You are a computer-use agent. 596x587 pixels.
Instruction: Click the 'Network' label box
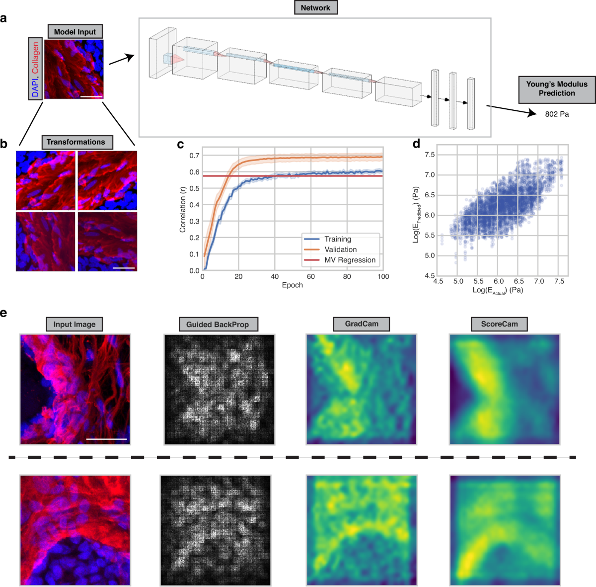[315, 8]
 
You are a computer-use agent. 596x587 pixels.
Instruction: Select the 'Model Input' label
[75, 32]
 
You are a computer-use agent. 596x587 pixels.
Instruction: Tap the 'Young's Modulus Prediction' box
[557, 89]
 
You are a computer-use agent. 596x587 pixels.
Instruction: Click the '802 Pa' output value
[557, 114]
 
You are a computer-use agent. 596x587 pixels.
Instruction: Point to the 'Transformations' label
[76, 142]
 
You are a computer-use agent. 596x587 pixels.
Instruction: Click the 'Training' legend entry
[337, 239]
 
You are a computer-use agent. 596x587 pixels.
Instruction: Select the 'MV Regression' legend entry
[350, 260]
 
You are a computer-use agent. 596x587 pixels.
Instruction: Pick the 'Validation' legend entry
[340, 250]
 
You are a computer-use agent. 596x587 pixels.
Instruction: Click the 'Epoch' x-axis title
[292, 285]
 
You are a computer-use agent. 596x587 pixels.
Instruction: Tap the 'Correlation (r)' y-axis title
[182, 209]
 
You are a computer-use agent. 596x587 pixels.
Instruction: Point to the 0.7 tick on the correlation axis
[194, 156]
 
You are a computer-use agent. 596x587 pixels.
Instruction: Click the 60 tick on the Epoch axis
[310, 276]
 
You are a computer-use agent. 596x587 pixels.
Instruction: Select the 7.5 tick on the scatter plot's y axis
[430, 155]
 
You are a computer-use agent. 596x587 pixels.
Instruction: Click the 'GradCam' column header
[362, 324]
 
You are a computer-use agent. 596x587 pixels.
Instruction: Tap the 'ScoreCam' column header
[499, 324]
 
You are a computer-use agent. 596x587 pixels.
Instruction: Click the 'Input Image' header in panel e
[74, 325]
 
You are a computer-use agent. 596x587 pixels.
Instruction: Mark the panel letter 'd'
[416, 144]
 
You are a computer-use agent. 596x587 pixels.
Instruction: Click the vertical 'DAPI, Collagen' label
[35, 69]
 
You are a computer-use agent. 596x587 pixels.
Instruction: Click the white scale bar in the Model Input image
[91, 97]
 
